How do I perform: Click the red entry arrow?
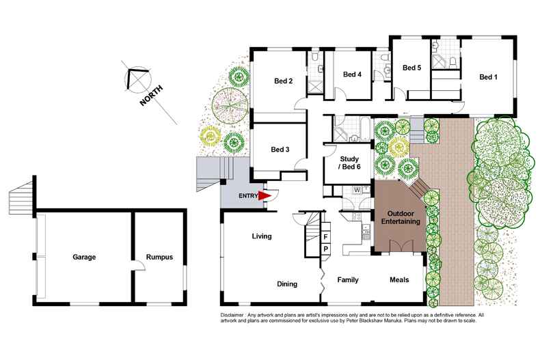click(265, 195)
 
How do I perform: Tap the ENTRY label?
click(248, 196)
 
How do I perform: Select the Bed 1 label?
click(487, 77)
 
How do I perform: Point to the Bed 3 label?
click(280, 150)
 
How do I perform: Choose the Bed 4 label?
click(352, 74)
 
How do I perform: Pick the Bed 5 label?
click(411, 68)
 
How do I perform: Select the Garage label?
click(85, 258)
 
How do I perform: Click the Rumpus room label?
click(159, 258)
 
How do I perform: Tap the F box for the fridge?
click(326, 236)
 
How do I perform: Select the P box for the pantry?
click(326, 248)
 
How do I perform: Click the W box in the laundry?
click(357, 190)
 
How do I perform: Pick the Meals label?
click(399, 279)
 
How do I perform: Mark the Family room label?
click(349, 279)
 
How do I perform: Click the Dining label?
click(287, 284)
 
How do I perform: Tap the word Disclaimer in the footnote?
click(235, 314)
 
